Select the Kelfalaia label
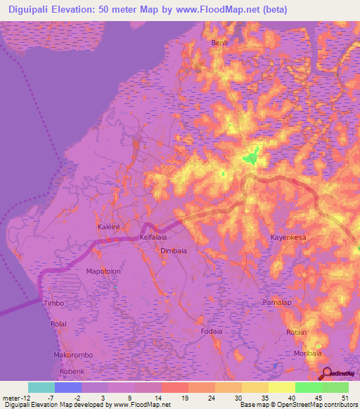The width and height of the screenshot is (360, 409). click(155, 238)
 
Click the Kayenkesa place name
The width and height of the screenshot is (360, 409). click(288, 238)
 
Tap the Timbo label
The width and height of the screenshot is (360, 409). click(54, 303)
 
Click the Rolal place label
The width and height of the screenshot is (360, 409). click(58, 323)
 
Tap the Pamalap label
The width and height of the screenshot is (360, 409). click(295, 301)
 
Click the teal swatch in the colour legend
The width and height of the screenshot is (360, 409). click(41, 387)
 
